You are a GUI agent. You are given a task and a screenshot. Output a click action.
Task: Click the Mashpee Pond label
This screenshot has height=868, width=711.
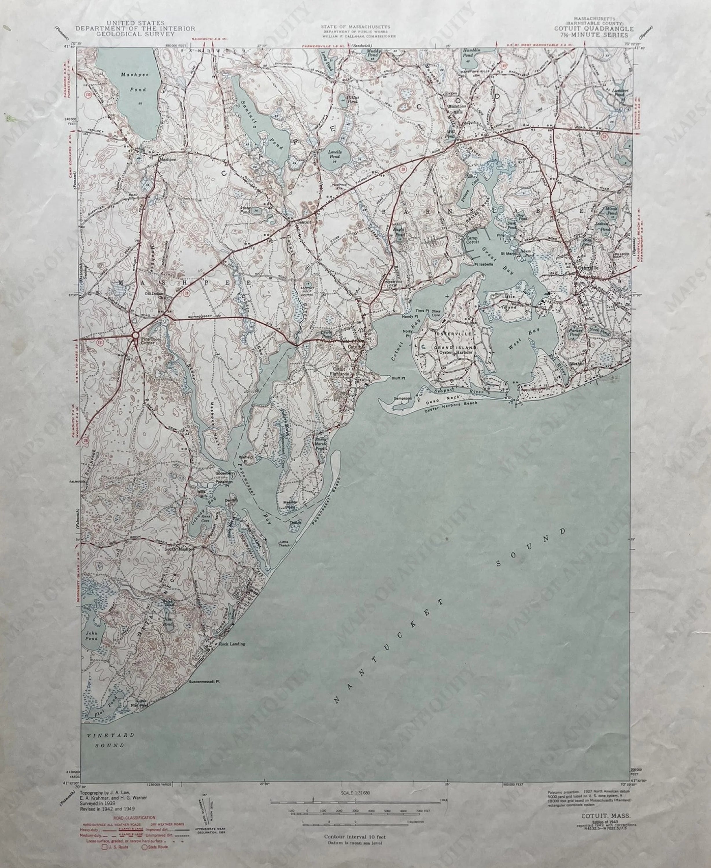(x=133, y=82)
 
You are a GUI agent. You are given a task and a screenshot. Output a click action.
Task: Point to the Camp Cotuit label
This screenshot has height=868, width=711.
(x=472, y=240)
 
